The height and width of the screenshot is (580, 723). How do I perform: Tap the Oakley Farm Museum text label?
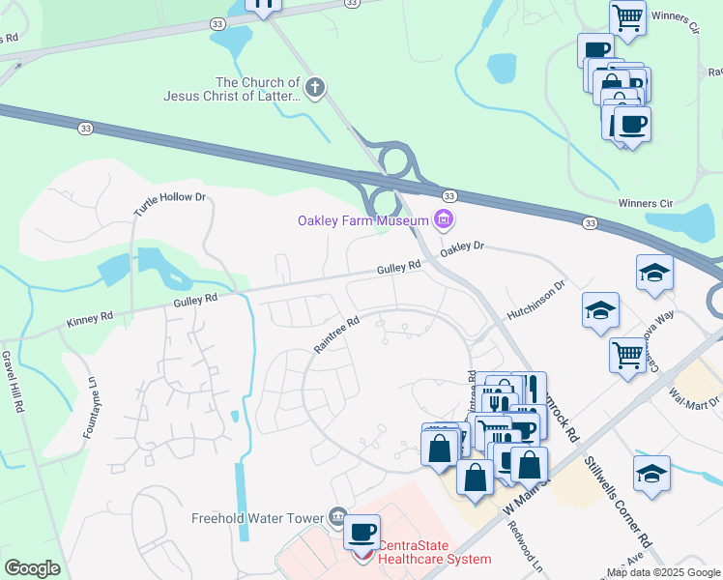[362, 221]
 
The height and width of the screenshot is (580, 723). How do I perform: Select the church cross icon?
[314, 89]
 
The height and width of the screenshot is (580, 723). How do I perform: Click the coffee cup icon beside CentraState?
[363, 533]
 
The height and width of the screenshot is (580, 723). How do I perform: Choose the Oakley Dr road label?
[460, 248]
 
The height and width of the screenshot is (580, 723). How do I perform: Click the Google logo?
[32, 567]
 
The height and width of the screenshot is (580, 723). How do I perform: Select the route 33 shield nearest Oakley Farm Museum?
[448, 196]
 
